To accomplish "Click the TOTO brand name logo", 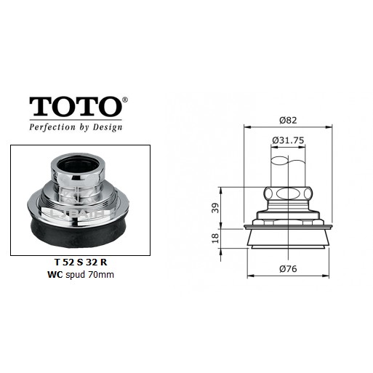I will pyautogui.click(x=74, y=107).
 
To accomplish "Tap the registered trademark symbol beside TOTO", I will pyautogui.click(x=124, y=99).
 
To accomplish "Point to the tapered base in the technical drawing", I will pyautogui.click(x=289, y=239).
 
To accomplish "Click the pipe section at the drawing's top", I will pyautogui.click(x=289, y=167).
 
